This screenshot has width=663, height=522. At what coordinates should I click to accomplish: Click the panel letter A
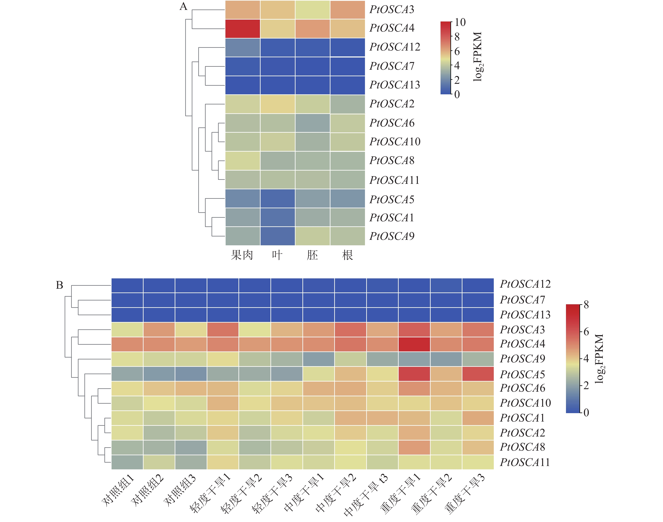pyautogui.click(x=183, y=6)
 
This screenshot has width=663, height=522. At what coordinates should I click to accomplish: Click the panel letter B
pyautogui.click(x=60, y=285)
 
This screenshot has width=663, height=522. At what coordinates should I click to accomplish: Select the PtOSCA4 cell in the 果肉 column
pyautogui.click(x=243, y=29)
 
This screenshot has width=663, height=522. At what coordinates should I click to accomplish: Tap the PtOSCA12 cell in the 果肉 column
pyautogui.click(x=243, y=47)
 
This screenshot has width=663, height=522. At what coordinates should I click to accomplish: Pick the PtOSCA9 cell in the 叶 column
pyautogui.click(x=277, y=236)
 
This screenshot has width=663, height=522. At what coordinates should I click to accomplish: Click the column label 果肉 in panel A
pyautogui.click(x=242, y=255)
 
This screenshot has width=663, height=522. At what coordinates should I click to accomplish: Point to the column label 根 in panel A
pyautogui.click(x=347, y=255)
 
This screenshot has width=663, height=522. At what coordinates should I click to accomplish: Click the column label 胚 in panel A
pyautogui.click(x=312, y=255)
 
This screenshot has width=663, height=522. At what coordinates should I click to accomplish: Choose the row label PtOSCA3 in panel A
pyautogui.click(x=392, y=9)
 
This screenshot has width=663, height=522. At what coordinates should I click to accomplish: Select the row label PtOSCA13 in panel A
pyautogui.click(x=395, y=85)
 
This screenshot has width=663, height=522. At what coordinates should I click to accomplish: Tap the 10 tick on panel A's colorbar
pyautogui.click(x=460, y=22)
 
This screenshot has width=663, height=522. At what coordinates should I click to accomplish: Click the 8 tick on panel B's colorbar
pyautogui.click(x=586, y=305)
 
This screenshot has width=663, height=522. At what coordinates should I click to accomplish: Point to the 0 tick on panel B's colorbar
pyautogui.click(x=586, y=413)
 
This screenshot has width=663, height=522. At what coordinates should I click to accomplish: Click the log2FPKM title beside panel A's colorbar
pyautogui.click(x=478, y=57)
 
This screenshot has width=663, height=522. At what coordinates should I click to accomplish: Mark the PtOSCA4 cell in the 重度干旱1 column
pyautogui.click(x=414, y=344)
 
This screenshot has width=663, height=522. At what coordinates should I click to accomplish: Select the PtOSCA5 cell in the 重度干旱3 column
pyautogui.click(x=478, y=374)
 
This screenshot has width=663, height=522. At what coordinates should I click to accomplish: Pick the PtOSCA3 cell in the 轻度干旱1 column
pyautogui.click(x=223, y=330)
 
